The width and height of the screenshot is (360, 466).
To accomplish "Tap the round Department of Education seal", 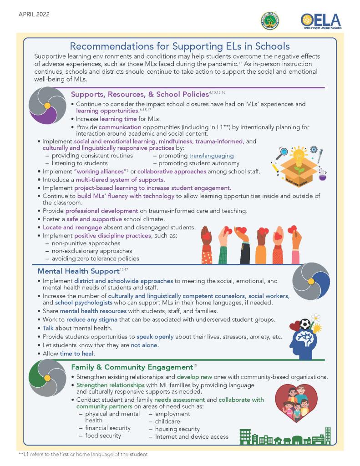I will point(270,21).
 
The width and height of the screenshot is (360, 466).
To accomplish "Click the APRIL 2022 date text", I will point(34,14).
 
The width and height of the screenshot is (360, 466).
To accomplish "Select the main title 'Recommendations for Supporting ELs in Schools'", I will point(180,46).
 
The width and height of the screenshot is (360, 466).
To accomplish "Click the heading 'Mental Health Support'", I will point(78,271).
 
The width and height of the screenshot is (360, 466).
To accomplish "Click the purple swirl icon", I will point(47,106).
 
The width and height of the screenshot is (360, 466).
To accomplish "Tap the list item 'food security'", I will point(103,436).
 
